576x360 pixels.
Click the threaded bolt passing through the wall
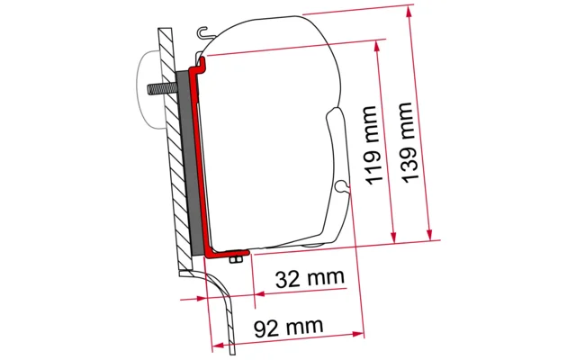(162, 89)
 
